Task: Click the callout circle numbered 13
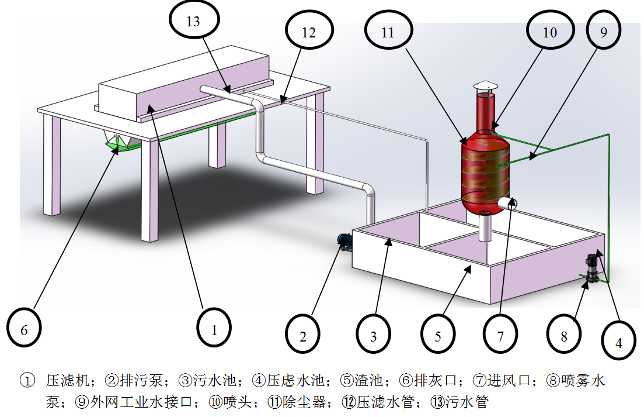(x=193, y=22)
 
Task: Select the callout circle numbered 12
(x=308, y=33)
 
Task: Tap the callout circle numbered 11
(x=388, y=33)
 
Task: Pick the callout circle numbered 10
(x=550, y=33)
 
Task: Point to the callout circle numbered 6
(x=25, y=330)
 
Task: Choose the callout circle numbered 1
(x=214, y=330)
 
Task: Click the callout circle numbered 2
(x=303, y=336)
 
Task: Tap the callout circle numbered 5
(x=438, y=336)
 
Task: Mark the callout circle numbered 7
(x=500, y=336)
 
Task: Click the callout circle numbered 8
(x=564, y=336)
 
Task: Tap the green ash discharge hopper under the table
(x=119, y=144)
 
